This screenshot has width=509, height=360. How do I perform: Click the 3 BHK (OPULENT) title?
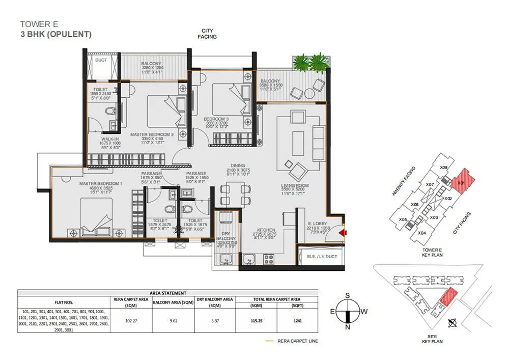[55, 35]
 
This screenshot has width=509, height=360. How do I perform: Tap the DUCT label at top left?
[101, 60]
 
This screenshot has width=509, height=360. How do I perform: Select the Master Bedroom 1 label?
[100, 183]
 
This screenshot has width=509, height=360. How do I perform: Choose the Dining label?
[237, 165]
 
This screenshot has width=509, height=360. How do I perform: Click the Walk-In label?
[110, 138]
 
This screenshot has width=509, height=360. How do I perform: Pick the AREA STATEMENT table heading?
[168, 293]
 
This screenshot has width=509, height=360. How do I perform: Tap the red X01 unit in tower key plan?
[462, 182]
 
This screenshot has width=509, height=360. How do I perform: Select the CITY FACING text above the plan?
[208, 34]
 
